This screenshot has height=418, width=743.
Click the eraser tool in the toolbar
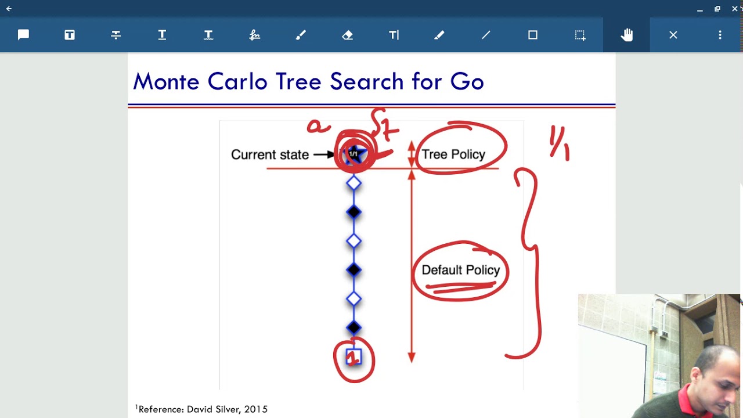(347, 35)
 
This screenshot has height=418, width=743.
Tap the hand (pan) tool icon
(626, 35)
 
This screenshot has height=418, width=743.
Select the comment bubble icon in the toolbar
(23, 35)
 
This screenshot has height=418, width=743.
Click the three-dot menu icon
(720, 35)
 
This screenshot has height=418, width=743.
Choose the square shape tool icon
(533, 35)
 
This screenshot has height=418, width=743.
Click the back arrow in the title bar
(9, 9)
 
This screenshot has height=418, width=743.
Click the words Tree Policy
(453, 154)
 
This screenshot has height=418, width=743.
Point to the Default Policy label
(460, 270)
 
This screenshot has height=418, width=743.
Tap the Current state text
(269, 155)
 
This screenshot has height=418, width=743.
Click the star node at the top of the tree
(354, 154)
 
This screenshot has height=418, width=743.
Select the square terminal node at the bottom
(354, 357)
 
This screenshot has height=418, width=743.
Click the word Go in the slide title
(467, 82)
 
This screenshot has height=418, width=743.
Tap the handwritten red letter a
(318, 126)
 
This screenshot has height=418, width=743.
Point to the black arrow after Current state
(323, 155)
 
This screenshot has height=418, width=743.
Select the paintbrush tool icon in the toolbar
(301, 35)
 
